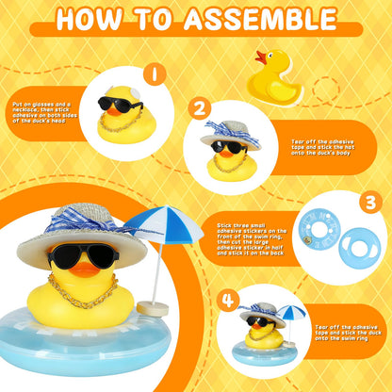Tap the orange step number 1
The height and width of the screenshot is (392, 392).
pyautogui.click(x=154, y=73)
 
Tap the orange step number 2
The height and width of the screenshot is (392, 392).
pyautogui.click(x=200, y=108)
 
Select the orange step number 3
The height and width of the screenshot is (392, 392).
pyautogui.click(x=368, y=202)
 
